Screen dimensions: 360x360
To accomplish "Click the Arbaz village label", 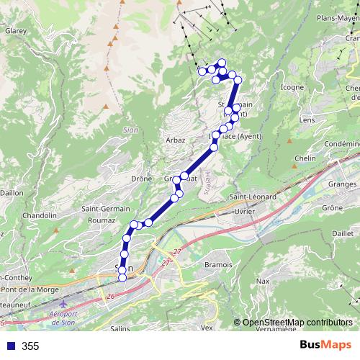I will click(176, 140).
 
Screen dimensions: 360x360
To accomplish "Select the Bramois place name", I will click(218, 265).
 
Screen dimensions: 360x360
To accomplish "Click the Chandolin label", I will click(39, 215).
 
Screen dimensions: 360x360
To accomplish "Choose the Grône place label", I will click(333, 207).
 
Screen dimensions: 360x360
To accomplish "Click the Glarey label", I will click(16, 32).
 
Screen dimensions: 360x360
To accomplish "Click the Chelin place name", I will click(306, 158).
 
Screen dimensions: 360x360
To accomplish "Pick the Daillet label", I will click(343, 233).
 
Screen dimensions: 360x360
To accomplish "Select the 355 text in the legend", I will click(30, 346).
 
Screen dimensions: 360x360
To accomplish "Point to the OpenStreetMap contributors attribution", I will click(296, 322).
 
